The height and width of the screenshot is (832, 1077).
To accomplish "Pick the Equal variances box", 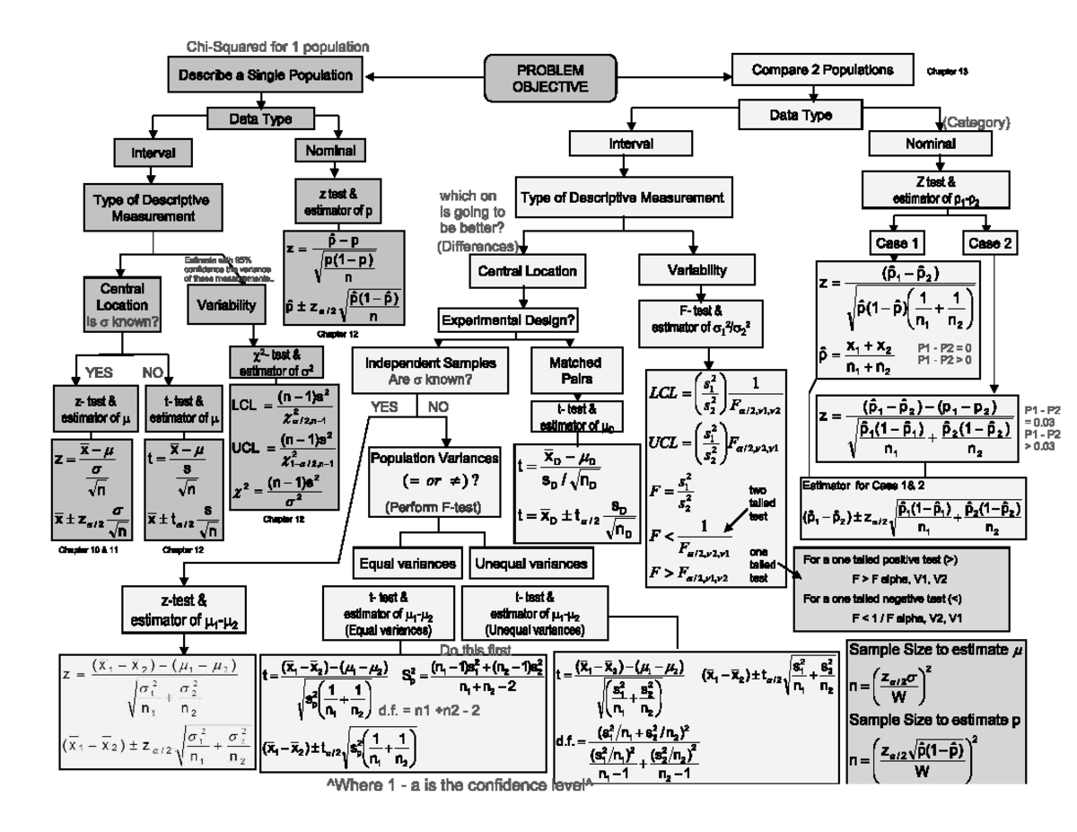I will point(408,564).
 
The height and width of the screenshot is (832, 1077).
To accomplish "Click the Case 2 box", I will point(992,242).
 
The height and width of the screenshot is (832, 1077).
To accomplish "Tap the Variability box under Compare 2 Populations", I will point(689,269).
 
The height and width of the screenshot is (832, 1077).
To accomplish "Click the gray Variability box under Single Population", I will point(227,304).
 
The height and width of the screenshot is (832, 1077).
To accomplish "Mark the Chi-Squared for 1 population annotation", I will point(277,46).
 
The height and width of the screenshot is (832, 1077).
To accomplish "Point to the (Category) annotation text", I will point(977,120).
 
